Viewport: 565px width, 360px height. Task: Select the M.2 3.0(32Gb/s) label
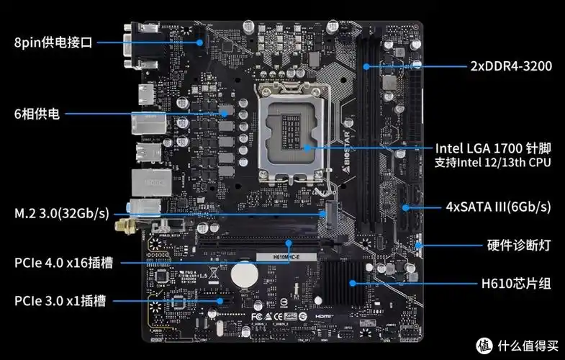coord(62,214)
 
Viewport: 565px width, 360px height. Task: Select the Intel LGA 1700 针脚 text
coord(493,148)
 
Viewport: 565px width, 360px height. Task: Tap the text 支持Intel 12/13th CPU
coord(493,163)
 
